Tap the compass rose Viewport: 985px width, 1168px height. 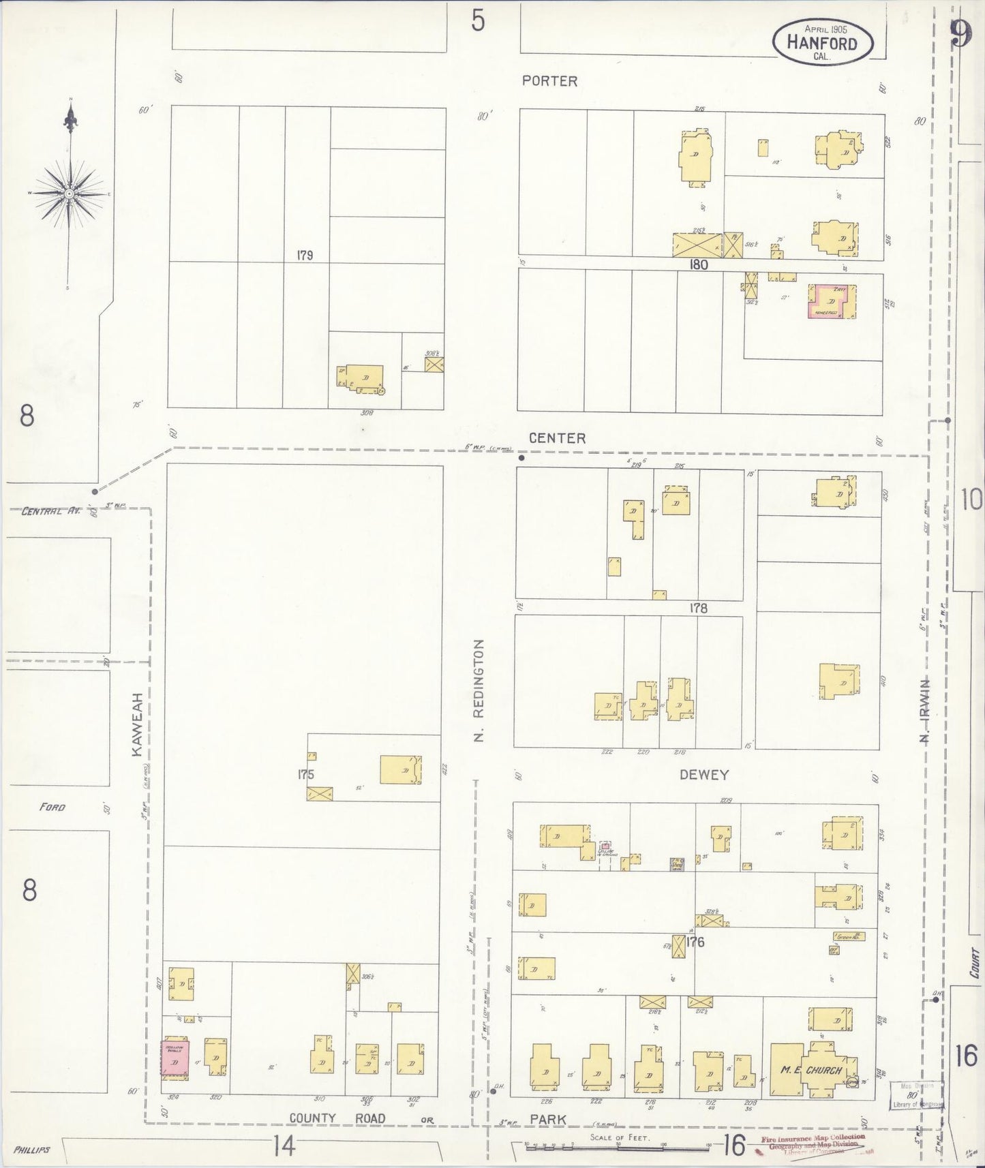click(x=70, y=194)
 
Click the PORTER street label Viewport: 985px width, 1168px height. click(x=549, y=81)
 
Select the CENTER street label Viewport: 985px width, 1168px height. click(x=558, y=438)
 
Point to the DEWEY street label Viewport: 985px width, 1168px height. click(x=704, y=775)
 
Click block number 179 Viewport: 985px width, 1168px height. click(x=304, y=256)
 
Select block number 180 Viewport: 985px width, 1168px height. click(x=699, y=265)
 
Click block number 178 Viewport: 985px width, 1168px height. click(x=698, y=609)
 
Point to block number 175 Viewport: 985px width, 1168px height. click(x=305, y=774)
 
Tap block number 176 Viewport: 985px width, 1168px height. click(x=695, y=943)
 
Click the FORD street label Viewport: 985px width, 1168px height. click(x=52, y=808)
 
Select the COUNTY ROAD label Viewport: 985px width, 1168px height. click(x=337, y=1118)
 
